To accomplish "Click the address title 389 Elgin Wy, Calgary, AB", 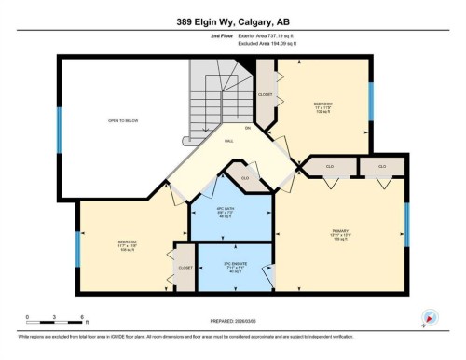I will point(232,21).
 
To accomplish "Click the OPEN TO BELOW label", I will point(124,121).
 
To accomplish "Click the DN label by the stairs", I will point(247,127).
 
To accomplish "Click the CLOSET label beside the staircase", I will point(264,94).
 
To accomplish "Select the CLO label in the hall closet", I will point(244,177).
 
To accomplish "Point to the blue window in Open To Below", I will point(60,121).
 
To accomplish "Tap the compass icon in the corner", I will point(430,317).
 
